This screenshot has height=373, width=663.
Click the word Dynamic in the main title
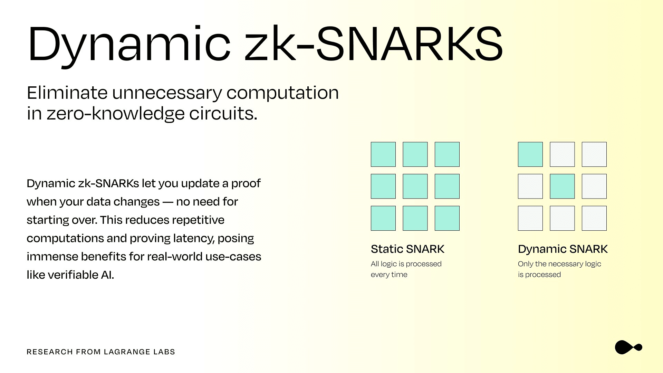pos(129,44)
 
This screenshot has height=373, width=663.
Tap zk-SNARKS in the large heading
pos(374,44)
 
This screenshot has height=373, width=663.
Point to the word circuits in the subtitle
pos(223,113)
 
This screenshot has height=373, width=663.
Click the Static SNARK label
pos(407,249)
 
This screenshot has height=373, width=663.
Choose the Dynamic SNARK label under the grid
pos(563,249)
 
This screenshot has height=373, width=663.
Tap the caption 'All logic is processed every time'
pos(406,269)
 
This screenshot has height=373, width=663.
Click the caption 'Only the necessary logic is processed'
pos(559,269)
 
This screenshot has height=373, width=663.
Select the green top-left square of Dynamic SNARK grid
pos(530,154)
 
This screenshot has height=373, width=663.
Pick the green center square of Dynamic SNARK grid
pos(562,186)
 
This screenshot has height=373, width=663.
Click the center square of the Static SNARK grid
pos(415,186)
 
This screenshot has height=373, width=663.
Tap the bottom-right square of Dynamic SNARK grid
pos(594,218)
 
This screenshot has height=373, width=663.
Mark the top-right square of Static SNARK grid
pos(447,154)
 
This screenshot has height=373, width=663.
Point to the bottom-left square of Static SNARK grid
pos(383,218)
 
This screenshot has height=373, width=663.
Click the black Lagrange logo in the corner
pos(628,347)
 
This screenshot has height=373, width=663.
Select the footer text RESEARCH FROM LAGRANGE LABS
pos(101,352)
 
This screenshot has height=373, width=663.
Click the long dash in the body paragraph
pos(168,202)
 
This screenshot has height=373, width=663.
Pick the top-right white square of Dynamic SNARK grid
pos(594,154)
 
